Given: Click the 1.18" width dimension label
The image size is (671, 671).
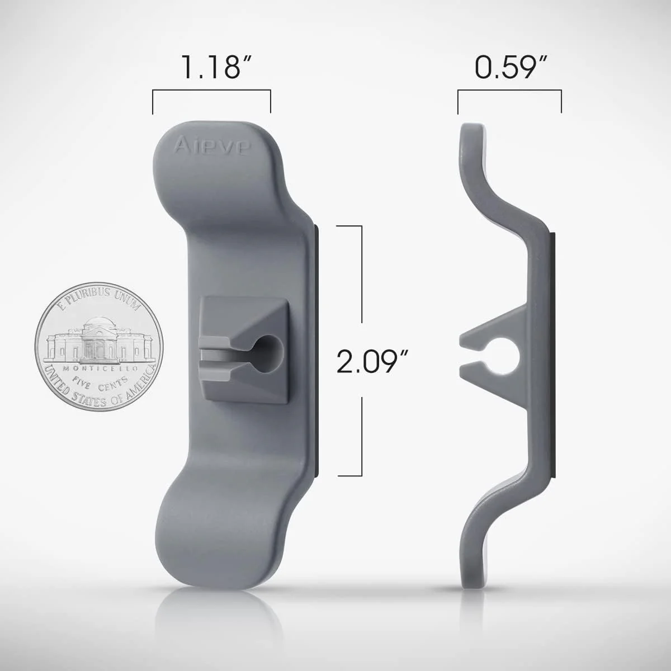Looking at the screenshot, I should click(x=211, y=67).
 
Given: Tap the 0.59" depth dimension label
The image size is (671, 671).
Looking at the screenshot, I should click(x=509, y=67).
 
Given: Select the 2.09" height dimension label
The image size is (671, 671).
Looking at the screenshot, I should click(x=370, y=361).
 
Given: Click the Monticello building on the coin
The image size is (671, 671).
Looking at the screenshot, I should click(x=96, y=341).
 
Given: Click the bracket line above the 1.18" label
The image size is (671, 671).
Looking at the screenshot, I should click(x=211, y=92).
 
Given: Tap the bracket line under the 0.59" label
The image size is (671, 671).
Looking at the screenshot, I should click(x=509, y=92).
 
